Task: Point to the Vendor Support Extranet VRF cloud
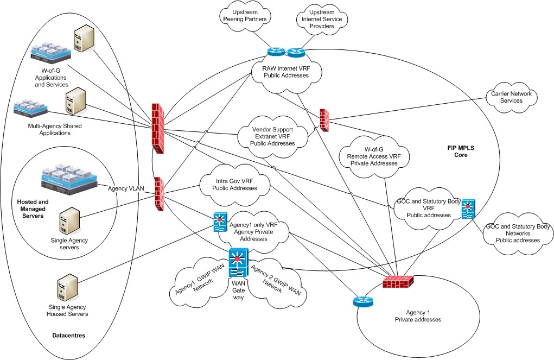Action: point(273,136)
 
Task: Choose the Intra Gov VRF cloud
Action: point(235,185)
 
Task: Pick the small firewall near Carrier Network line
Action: point(324,119)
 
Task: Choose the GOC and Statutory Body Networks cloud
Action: point(518,233)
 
